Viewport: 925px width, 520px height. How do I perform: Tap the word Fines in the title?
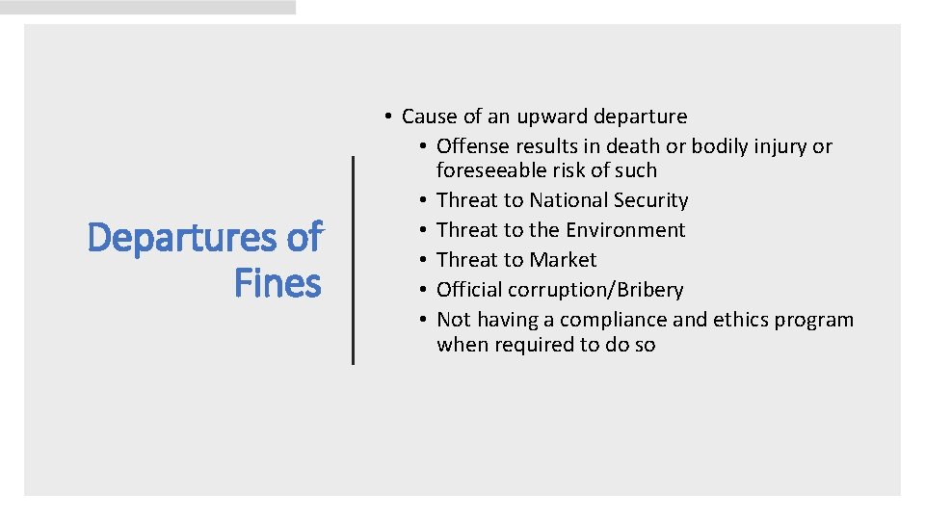pos(277,283)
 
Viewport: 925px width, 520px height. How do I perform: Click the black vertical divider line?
pos(353,260)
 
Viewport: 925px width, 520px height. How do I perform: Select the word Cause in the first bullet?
pos(429,117)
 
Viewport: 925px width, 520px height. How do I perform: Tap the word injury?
pos(778,146)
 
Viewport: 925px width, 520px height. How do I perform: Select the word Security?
pos(655,200)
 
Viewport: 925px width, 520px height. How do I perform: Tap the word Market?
pos(563,260)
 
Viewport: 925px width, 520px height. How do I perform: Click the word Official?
pos(469,290)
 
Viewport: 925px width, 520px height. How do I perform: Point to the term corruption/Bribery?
pos(595,290)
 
